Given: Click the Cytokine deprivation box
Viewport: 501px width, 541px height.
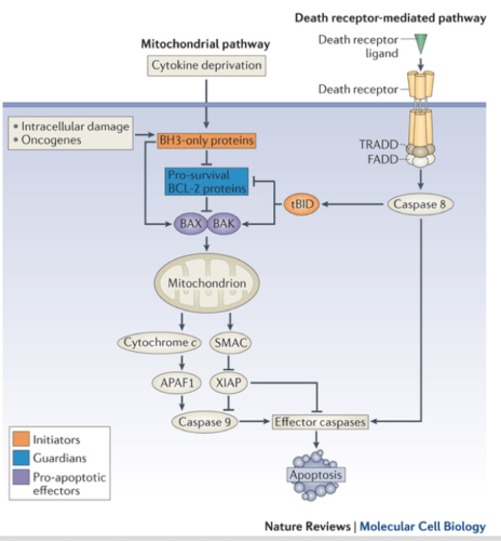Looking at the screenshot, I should (x=206, y=65).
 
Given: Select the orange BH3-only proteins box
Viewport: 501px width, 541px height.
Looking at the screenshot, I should (x=206, y=141).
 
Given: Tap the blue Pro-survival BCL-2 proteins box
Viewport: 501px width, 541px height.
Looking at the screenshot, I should (x=207, y=182).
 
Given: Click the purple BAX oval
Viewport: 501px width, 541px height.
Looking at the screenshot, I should (x=190, y=224).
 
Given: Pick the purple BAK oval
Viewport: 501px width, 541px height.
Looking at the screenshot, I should (x=224, y=224).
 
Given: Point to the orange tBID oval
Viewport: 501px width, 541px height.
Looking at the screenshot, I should (x=302, y=204).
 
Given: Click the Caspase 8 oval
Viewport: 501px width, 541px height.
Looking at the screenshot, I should (x=420, y=204).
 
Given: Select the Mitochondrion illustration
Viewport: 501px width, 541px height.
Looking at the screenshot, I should (x=207, y=283).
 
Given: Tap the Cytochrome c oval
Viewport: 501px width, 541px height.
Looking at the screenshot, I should (x=160, y=343).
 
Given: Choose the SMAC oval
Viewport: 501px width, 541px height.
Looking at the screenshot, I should (x=230, y=343).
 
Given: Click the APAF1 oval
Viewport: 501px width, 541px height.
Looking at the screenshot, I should (x=177, y=383).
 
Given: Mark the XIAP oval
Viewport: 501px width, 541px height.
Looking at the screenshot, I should (x=229, y=383).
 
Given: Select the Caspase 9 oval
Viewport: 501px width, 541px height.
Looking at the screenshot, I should (x=204, y=422).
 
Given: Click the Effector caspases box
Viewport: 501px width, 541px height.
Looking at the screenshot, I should (x=320, y=422).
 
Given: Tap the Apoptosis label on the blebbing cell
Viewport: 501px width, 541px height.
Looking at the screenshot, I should (x=316, y=475).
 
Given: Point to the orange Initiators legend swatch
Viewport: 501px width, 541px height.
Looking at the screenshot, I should (x=21, y=439).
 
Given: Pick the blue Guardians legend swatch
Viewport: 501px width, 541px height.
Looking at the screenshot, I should (x=21, y=458).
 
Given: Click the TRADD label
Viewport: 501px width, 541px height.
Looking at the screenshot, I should (x=379, y=145).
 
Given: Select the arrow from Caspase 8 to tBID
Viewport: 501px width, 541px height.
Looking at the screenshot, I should (x=353, y=204).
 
